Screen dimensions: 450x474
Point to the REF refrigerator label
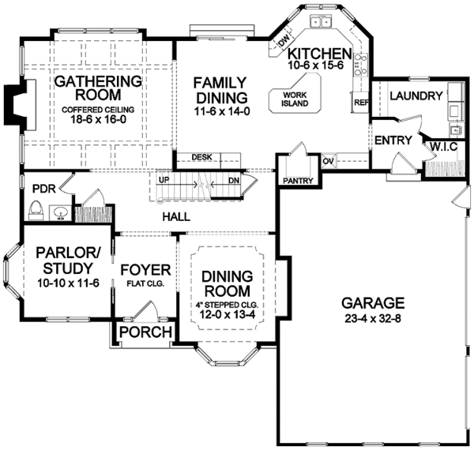tap(362, 103)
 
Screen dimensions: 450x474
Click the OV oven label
tap(329, 162)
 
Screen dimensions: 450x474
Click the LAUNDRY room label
tap(416, 96)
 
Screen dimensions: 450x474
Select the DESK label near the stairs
tap(201, 157)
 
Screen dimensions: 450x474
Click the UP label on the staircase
tap(164, 180)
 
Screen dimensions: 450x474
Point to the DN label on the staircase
tap(235, 180)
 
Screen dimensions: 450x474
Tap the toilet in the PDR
tap(35, 210)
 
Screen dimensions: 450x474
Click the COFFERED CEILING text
tap(97, 110)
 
